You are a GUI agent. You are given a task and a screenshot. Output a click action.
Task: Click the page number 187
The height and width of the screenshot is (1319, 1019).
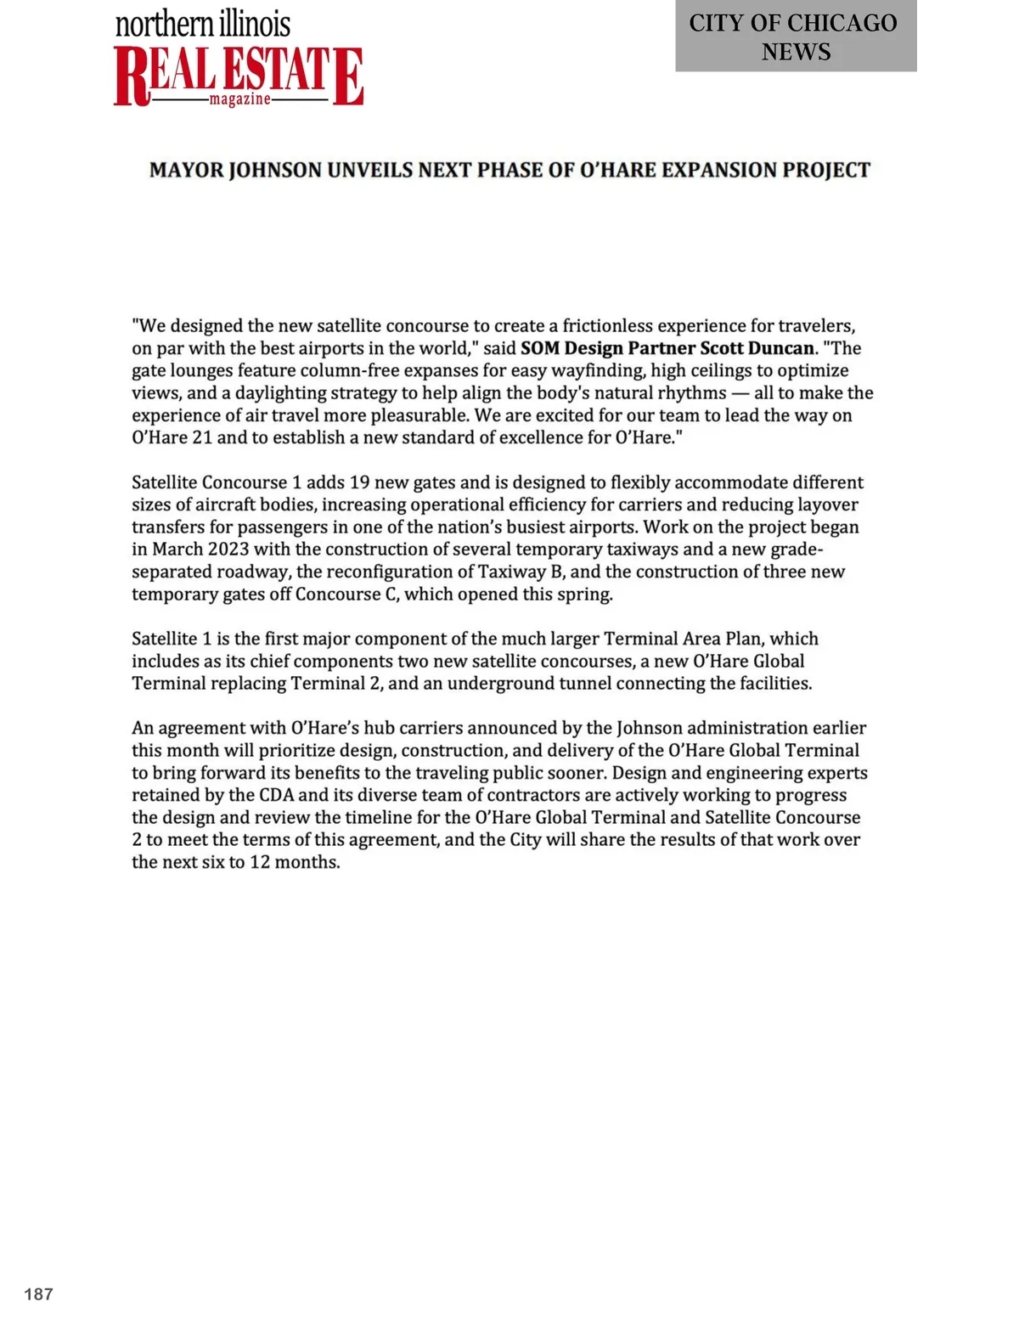[x=39, y=1294]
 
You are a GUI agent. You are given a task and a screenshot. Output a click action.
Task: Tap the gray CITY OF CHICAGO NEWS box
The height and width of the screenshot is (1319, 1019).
[x=795, y=37]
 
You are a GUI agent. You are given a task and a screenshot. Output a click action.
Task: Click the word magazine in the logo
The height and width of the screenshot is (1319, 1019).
[x=240, y=99]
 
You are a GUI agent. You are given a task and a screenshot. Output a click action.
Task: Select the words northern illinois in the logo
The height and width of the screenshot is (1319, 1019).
[x=203, y=24]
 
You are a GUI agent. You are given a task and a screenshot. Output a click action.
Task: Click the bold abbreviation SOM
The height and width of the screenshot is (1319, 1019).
[x=540, y=348]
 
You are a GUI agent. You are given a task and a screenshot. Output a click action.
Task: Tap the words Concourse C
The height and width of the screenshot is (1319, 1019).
[x=346, y=594]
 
